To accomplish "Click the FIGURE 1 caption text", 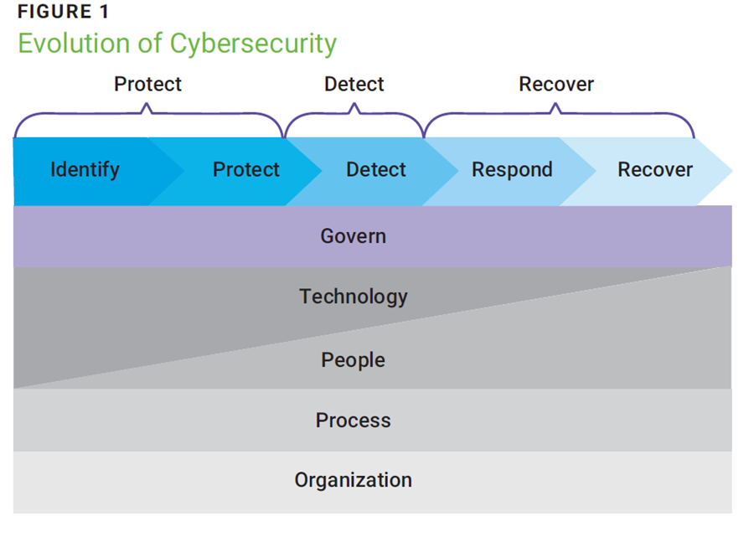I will pos(63,13).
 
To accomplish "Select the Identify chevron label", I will pos(85,170).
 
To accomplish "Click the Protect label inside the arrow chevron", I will pos(245,170).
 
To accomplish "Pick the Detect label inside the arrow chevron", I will pos(375,170).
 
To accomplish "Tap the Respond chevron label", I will pos(512,170).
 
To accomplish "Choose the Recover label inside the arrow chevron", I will pos(655,170).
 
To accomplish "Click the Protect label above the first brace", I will pos(147,85).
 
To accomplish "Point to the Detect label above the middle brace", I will pos(354,85).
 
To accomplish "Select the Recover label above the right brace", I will pos(556,85).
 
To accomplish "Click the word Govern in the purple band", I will pos(353,236).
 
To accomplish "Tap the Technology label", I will pos(353,297).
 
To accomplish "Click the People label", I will pos(353,360).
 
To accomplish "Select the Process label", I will pos(353,421).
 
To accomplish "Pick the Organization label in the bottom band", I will pos(353,481).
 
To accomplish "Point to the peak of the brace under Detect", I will pos(354,106).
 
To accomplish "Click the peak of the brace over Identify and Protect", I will pos(147,106).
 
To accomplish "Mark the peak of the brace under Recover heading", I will pos(556,106).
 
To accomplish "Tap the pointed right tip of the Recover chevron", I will pos(731,171).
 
